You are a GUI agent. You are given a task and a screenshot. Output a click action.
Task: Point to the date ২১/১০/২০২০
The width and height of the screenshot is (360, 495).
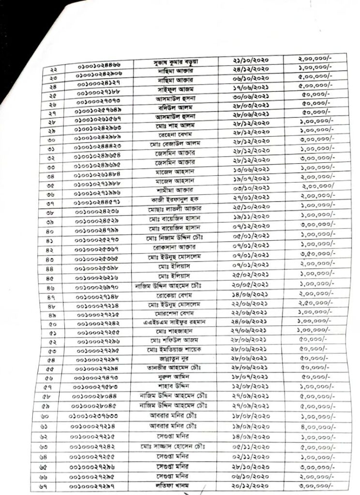(251, 60)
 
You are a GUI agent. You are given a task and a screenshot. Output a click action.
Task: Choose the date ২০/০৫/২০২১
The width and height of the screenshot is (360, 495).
(251, 285)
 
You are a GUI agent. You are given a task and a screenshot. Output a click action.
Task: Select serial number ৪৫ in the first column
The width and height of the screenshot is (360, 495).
(51, 278)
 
